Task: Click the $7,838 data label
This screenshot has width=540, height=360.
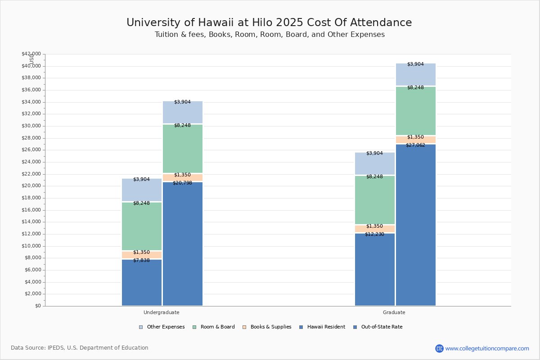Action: pos(141,261)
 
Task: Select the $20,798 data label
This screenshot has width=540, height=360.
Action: pos(182,183)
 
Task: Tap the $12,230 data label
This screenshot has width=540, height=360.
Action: pos(374,234)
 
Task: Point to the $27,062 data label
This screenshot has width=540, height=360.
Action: pos(415,145)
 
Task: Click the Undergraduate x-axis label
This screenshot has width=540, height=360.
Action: pos(162,312)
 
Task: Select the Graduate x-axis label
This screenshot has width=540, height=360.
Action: pos(394,312)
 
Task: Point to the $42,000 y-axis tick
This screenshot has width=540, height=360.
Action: pos(31,54)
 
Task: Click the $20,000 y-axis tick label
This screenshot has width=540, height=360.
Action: pos(31,186)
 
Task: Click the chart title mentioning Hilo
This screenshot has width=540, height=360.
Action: pos(269,23)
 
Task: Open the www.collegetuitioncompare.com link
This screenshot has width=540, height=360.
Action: pos(487,348)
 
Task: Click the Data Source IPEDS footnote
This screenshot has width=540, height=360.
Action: pos(80,348)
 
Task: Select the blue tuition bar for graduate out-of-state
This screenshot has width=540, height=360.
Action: pos(416,225)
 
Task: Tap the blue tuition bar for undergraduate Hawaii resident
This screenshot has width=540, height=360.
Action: pos(142,283)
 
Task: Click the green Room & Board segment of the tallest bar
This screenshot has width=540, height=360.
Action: pos(416,111)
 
